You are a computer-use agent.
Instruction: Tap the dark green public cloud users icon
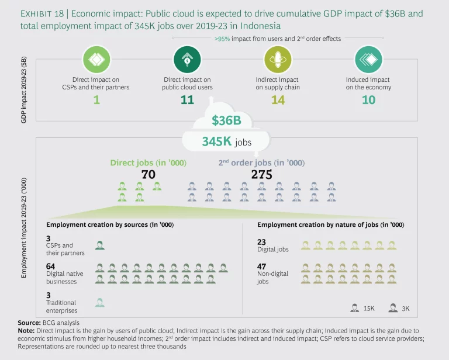click(187, 59)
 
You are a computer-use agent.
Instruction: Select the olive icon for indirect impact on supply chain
click(277, 59)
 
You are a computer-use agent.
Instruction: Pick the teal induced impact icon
click(368, 59)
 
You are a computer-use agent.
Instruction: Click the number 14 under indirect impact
click(277, 101)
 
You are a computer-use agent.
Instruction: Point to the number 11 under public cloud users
click(187, 101)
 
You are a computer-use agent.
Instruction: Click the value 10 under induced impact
click(368, 101)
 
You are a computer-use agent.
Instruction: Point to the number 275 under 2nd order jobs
click(262, 174)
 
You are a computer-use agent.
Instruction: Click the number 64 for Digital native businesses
click(51, 266)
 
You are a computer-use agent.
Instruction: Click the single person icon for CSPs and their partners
click(100, 245)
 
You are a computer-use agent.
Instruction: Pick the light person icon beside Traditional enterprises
click(100, 302)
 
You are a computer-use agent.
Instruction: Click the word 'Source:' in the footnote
click(29, 323)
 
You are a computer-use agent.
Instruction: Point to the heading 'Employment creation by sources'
click(110, 225)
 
